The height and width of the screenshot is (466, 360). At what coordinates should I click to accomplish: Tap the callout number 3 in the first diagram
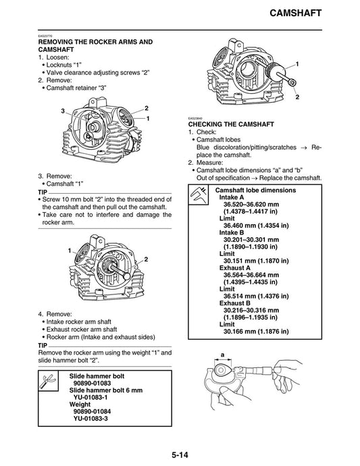[63, 111]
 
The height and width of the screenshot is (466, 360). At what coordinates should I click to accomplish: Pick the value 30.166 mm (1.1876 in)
[256, 332]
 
